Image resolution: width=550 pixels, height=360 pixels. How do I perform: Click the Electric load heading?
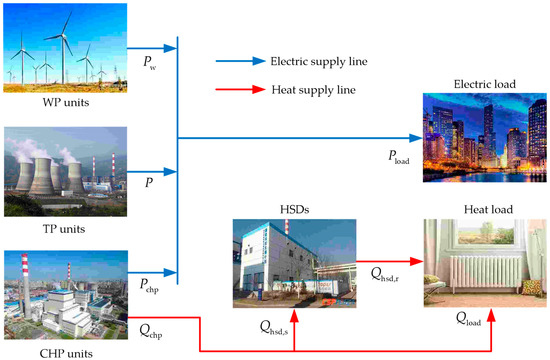tap(481, 83)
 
